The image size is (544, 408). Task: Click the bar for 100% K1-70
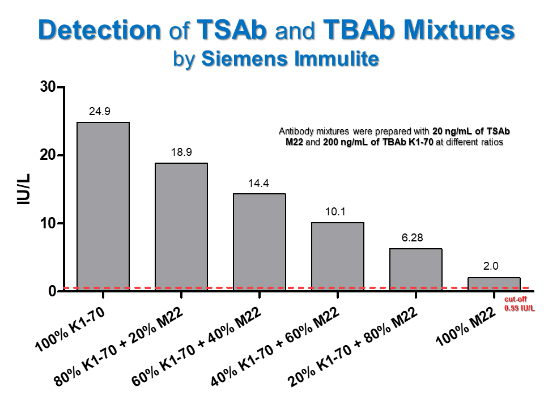point(103,207)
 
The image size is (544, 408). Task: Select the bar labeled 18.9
point(181,227)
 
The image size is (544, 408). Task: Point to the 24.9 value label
point(100,112)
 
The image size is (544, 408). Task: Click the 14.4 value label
point(258,184)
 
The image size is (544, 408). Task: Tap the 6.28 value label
point(413,239)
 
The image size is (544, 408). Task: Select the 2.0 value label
point(491,266)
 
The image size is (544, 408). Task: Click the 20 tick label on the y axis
point(49,155)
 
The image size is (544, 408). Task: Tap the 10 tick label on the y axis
point(49,223)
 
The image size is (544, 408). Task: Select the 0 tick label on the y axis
point(52,291)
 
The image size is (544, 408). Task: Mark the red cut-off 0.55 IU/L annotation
point(520,305)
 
